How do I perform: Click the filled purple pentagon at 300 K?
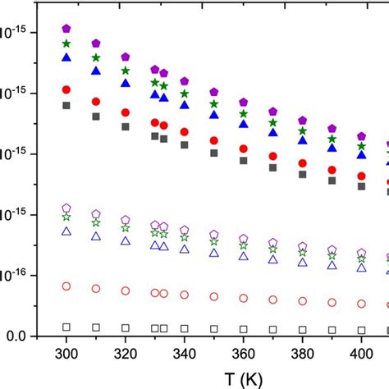click(66, 29)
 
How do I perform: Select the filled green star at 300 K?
click(66, 43)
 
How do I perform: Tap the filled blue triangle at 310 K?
click(96, 71)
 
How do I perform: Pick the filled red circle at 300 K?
click(66, 89)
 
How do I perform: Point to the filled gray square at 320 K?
click(126, 126)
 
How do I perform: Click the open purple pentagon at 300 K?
click(66, 208)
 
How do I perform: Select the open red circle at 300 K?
click(66, 286)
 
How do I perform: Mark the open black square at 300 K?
click(66, 327)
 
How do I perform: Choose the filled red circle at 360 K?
click(244, 149)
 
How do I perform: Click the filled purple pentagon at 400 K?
click(362, 136)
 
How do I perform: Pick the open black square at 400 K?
click(362, 330)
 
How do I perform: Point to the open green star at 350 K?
click(214, 242)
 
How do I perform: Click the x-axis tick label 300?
click(66, 353)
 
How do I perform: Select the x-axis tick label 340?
click(185, 353)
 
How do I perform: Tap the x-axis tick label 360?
click(244, 353)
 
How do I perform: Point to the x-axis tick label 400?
click(362, 353)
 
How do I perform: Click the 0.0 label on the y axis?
click(17, 336)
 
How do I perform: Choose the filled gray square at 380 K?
click(303, 175)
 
